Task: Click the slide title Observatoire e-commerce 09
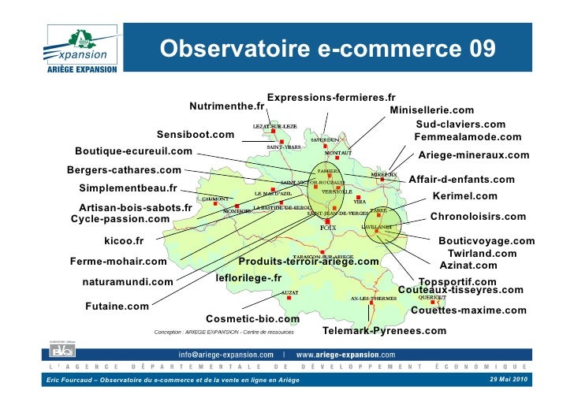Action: pyautogui.click(x=328, y=49)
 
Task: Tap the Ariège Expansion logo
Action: pyautogui.click(x=78, y=50)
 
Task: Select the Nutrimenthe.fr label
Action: pyautogui.click(x=227, y=106)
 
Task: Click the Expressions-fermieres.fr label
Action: pyautogui.click(x=331, y=97)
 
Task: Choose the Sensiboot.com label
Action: pyautogui.click(x=196, y=135)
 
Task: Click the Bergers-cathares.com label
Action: pyautogui.click(x=124, y=169)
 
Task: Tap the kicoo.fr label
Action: pyautogui.click(x=124, y=240)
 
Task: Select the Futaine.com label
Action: pyautogui.click(x=117, y=306)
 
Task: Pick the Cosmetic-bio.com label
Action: pyautogui.click(x=252, y=319)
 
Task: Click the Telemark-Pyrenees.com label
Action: pyautogui.click(x=385, y=330)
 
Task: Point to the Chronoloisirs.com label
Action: pyautogui.click(x=478, y=216)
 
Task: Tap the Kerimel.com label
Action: pyautogui.click(x=465, y=196)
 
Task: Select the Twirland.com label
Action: pyautogui.click(x=482, y=254)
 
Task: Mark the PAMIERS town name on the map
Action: pyautogui.click(x=328, y=169)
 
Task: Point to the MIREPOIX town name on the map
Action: pyautogui.click(x=385, y=174)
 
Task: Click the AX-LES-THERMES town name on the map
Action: pyautogui.click(x=373, y=299)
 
